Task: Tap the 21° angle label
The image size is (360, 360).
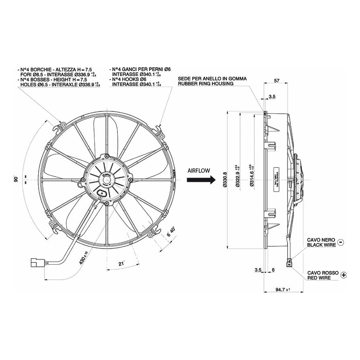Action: pos(121,264)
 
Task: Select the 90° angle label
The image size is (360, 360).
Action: pos(16,179)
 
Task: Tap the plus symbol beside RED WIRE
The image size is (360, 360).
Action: pos(344,275)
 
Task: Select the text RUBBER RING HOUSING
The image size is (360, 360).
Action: pos(206,84)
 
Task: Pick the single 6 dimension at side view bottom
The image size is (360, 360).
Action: pos(274,270)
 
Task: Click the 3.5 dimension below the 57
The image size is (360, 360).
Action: pos(272,97)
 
